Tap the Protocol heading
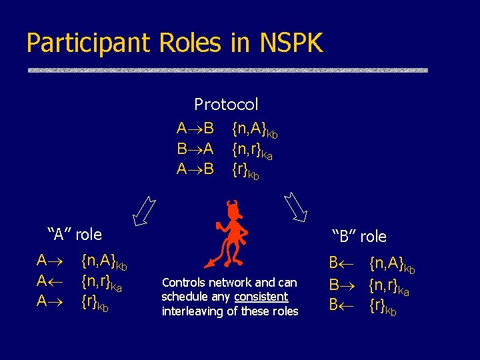226,104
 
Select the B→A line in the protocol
195,149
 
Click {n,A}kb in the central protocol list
254,129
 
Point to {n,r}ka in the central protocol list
252,149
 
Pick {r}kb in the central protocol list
246,170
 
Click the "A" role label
75,234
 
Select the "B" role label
359,236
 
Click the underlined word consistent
261,297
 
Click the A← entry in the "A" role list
51,280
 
